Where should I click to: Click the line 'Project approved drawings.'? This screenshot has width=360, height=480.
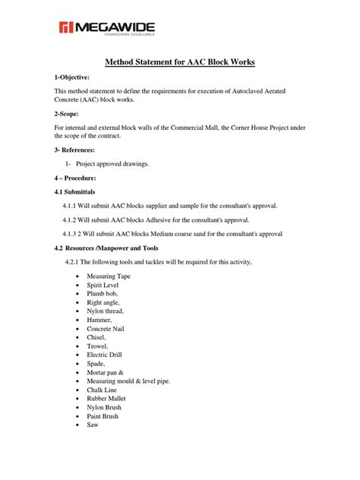point(118,163)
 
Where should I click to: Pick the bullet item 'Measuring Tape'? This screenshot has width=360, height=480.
point(109,276)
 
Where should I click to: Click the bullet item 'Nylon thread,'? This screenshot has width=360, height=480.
point(105,311)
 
